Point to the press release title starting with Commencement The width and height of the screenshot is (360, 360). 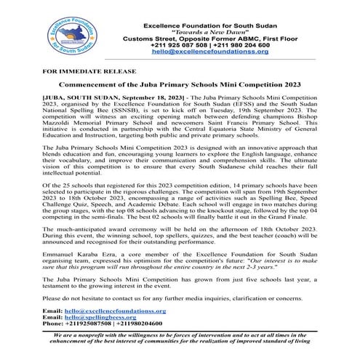(x=179, y=87)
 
